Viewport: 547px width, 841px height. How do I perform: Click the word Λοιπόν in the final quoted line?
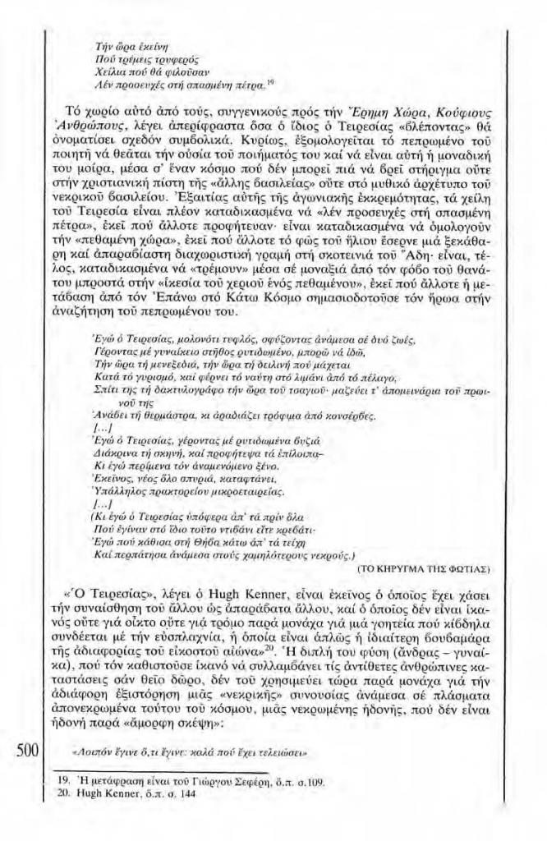[x=97, y=751]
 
